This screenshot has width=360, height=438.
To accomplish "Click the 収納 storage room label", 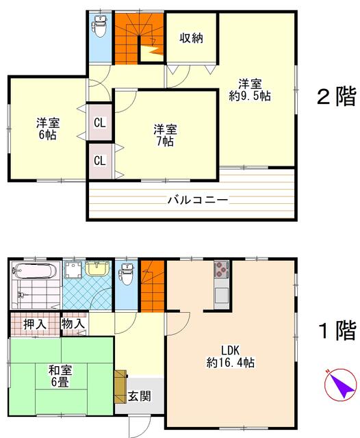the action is tap(191, 38).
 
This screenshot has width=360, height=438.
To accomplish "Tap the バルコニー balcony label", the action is tap(198, 200).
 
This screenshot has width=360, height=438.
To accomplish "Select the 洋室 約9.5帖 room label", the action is tap(250, 90).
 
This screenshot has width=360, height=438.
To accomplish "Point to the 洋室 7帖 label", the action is tap(165, 136).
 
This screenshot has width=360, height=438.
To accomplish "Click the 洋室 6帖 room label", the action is tap(48, 129).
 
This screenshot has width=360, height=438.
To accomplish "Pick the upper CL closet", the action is tap(100, 123).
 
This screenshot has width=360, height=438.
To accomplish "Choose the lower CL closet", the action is tap(100, 161).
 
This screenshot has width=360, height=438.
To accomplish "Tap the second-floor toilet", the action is tap(100, 26).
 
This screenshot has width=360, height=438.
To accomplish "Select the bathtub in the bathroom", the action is tap(35, 271).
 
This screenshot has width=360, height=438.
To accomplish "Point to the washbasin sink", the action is tap(97, 269).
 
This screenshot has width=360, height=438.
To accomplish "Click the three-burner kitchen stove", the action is tap(221, 269).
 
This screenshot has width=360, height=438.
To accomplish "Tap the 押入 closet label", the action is tap(35, 324).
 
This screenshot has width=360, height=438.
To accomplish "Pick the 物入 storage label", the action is tap(73, 324).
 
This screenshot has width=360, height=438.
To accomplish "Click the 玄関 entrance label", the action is tap(140, 396).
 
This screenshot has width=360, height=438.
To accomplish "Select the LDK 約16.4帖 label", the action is tap(231, 356).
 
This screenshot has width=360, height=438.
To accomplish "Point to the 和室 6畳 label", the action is tap(60, 376).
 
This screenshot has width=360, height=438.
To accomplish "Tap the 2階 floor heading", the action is tap(337, 96).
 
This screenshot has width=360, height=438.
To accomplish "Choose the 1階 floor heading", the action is tap(337, 330).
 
